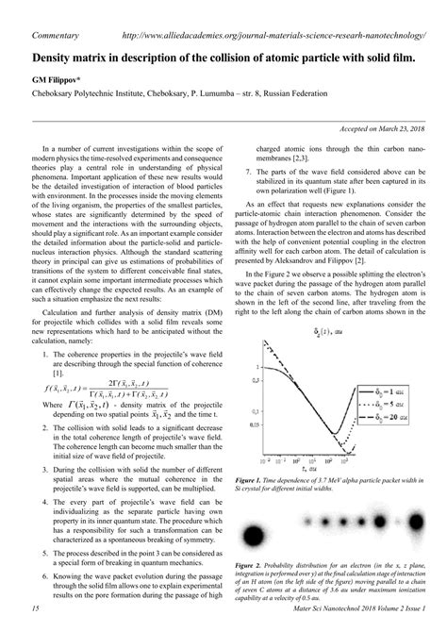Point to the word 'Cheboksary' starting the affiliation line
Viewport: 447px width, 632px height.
coord(58,96)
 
